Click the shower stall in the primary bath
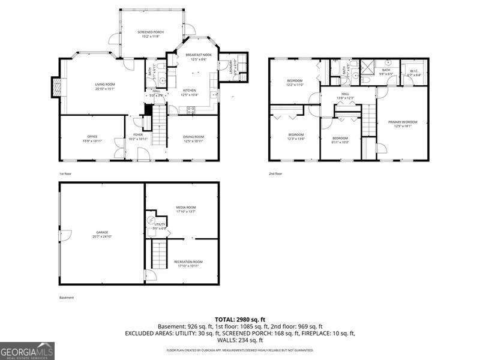pos(366,66)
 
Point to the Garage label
pos(102,234)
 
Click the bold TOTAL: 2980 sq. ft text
pos(240,319)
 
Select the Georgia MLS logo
pos(28,350)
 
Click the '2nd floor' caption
pos(275,173)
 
